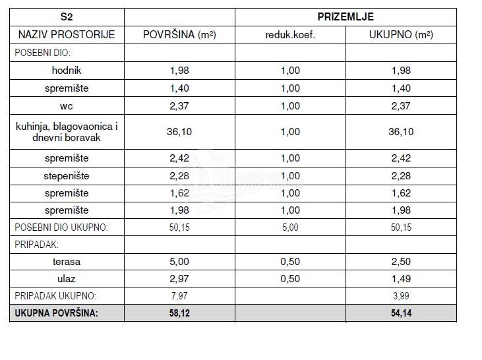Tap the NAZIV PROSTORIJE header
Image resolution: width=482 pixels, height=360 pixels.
[66, 34]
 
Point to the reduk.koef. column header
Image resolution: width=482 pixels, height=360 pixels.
[289, 35]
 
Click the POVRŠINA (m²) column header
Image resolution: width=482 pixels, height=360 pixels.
[179, 34]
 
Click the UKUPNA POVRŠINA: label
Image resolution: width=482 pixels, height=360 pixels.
[56, 313]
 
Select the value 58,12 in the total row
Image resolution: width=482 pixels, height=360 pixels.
[179, 313]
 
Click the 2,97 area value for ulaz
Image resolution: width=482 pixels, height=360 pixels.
[179, 279]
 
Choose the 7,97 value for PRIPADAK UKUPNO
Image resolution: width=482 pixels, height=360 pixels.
[179, 296]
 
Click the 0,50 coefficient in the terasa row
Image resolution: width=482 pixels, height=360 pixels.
[290, 262]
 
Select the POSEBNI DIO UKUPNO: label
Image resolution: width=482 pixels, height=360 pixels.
[61, 227]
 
